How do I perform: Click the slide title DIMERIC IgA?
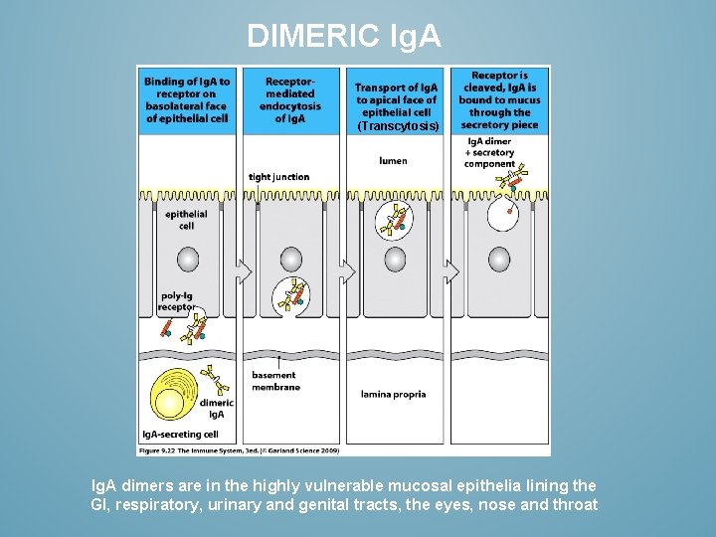343,37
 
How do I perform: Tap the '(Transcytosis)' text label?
397,126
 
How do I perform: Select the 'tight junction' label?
278,177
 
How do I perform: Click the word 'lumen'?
393,160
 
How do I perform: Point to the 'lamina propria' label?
393,394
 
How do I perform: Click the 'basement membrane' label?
273,381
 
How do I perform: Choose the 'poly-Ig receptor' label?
176,301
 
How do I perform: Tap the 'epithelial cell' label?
186,220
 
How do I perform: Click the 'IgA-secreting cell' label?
180,435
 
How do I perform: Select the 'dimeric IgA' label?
216,408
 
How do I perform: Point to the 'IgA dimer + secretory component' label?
489,152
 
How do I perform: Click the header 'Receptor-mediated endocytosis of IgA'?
290,99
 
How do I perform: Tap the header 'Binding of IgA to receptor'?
186,99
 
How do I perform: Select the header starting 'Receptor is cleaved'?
499,99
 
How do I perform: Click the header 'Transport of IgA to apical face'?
396,99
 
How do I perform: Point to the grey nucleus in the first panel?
187,261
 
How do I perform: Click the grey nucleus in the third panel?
395,261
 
